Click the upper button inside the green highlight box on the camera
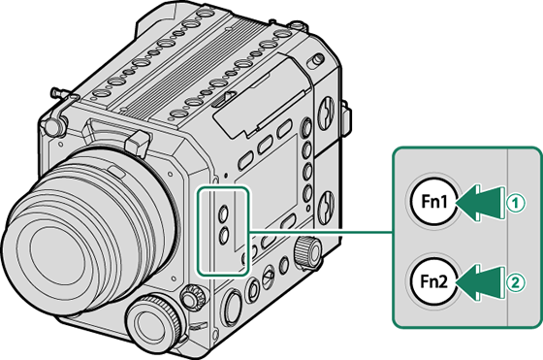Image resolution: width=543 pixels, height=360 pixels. pyautogui.click(x=224, y=211)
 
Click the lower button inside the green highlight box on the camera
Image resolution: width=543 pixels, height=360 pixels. pyautogui.click(x=224, y=234)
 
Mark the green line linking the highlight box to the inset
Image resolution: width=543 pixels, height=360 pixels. pyautogui.click(x=320, y=232)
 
